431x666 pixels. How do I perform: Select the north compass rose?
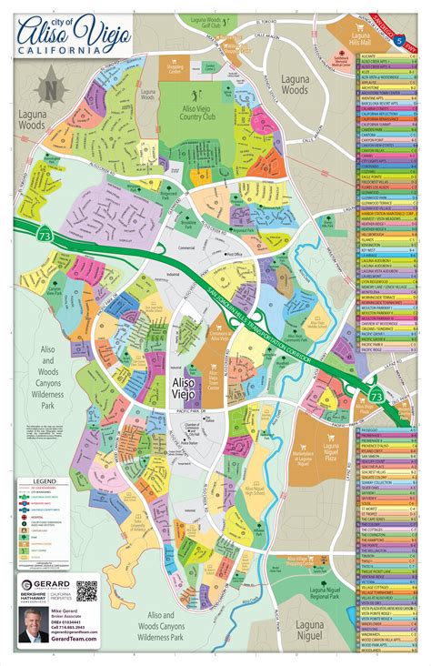click(x=51, y=89)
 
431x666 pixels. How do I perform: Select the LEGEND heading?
click(x=39, y=482)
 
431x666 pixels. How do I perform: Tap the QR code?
click(x=86, y=592)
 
